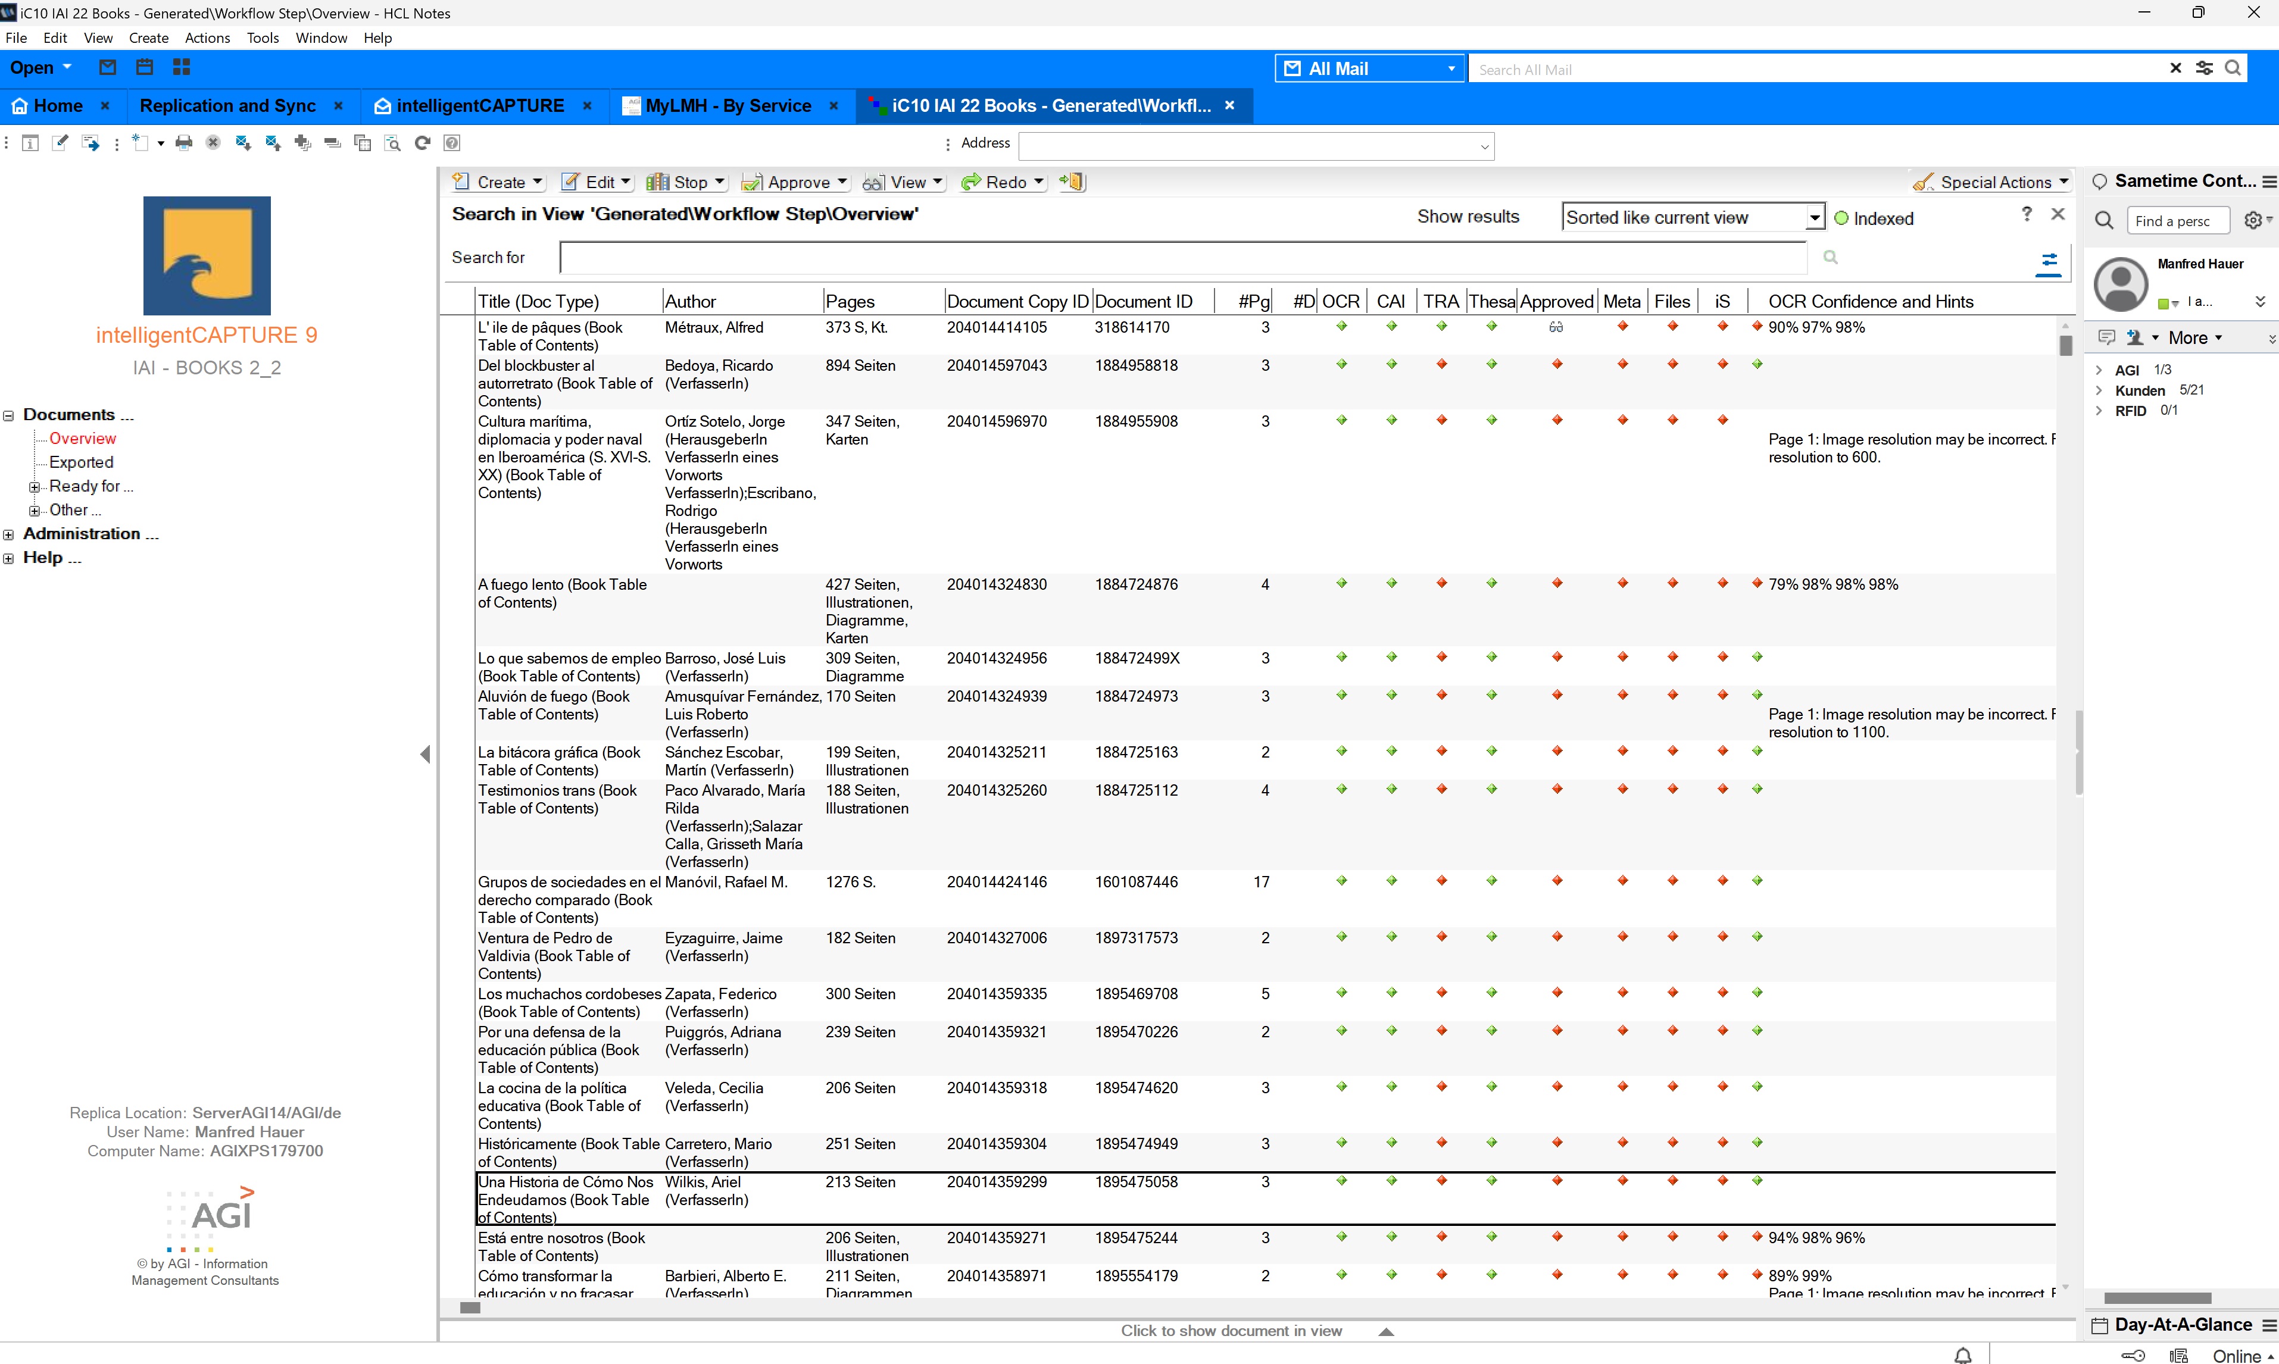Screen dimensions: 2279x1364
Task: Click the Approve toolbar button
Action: tap(795, 182)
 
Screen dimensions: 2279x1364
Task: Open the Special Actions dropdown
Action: tap(1991, 182)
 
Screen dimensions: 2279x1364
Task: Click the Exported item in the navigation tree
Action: tap(81, 462)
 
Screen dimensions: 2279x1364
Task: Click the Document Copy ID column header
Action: tap(1017, 302)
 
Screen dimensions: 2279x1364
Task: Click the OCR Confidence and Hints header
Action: tap(1870, 302)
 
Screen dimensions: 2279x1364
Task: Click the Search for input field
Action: tap(1182, 257)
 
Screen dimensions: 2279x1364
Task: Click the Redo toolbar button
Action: tap(1003, 182)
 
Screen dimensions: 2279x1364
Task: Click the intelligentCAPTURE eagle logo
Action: tap(207, 255)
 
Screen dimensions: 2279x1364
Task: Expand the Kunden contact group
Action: tap(2099, 390)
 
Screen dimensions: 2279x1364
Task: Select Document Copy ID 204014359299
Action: tap(997, 1182)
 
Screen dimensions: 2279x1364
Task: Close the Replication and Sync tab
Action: tap(338, 106)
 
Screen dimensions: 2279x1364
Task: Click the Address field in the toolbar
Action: tap(1256, 145)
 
